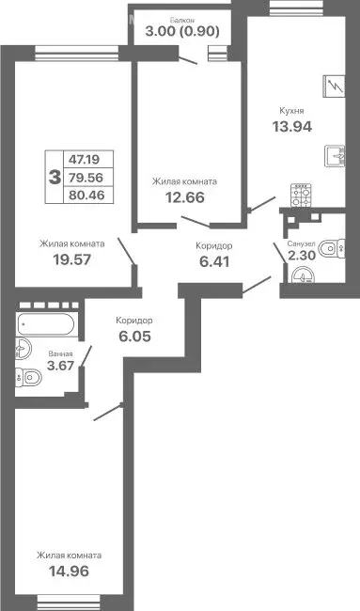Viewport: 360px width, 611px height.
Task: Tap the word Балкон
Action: (183, 18)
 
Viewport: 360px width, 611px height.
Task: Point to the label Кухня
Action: (290, 109)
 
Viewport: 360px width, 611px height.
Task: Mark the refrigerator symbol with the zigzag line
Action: (334, 86)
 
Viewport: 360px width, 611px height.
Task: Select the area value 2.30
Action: (301, 256)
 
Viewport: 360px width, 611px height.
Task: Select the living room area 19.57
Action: (71, 259)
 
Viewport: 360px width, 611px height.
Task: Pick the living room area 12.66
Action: (184, 198)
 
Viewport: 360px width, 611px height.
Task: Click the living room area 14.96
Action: (70, 571)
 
